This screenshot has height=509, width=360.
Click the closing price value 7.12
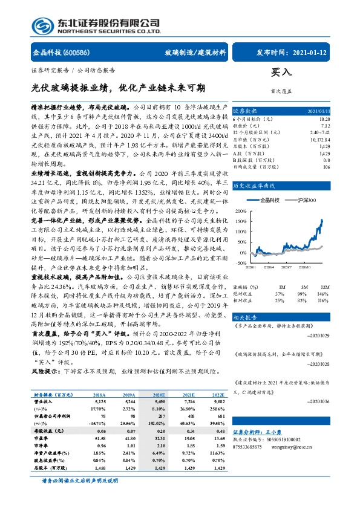[x=326, y=126]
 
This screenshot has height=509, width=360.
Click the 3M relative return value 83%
[x=299, y=283]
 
